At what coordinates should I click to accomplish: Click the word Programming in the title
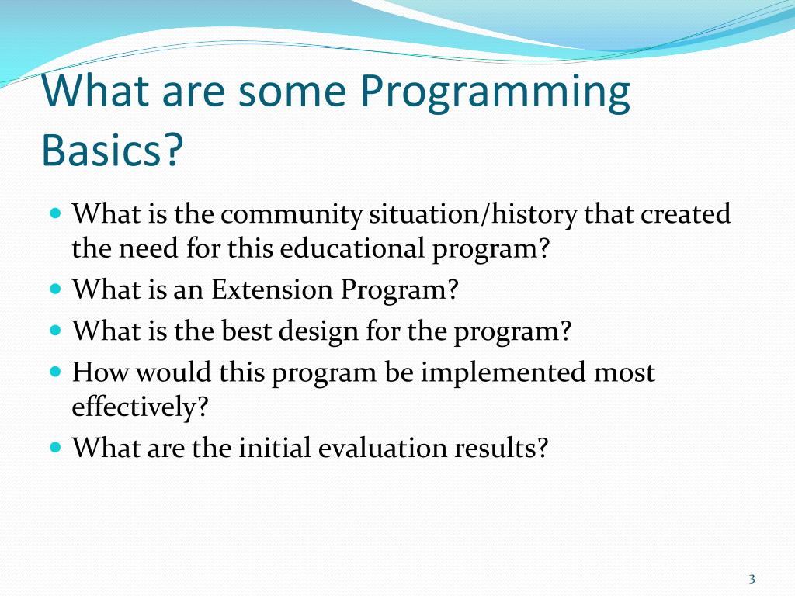[x=495, y=94]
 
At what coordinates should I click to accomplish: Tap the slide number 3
[x=752, y=579]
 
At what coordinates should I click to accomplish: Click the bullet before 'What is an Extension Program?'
[x=56, y=289]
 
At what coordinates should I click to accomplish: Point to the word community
[x=291, y=215]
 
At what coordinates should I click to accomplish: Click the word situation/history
[x=473, y=214]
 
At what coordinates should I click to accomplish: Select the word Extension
[x=272, y=289]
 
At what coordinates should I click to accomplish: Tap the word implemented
[x=503, y=373]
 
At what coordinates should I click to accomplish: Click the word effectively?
[x=140, y=407]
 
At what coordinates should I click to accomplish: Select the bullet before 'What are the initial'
[x=56, y=448]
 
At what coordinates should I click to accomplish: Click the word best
[x=246, y=331]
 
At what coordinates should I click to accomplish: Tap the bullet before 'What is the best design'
[x=56, y=331]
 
